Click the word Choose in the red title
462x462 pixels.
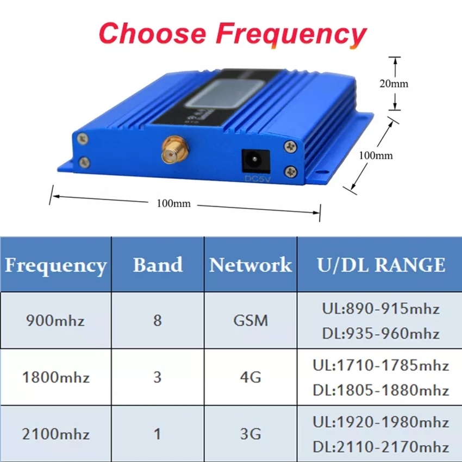point(152,33)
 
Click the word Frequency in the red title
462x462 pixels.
point(291,35)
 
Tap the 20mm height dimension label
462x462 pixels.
point(394,84)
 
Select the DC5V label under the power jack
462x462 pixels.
point(257,179)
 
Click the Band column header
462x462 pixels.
point(158,265)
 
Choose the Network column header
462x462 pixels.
point(251,265)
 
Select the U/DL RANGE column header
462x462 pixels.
point(381,265)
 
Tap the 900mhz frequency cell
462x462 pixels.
point(55,320)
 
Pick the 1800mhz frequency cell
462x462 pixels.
point(55,377)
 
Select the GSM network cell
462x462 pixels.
point(251,320)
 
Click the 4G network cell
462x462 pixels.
point(251,377)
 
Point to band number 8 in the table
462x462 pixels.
point(158,320)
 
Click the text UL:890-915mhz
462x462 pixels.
point(380,309)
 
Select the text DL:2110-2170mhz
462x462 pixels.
point(380,447)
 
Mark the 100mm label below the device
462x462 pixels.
point(173,204)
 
